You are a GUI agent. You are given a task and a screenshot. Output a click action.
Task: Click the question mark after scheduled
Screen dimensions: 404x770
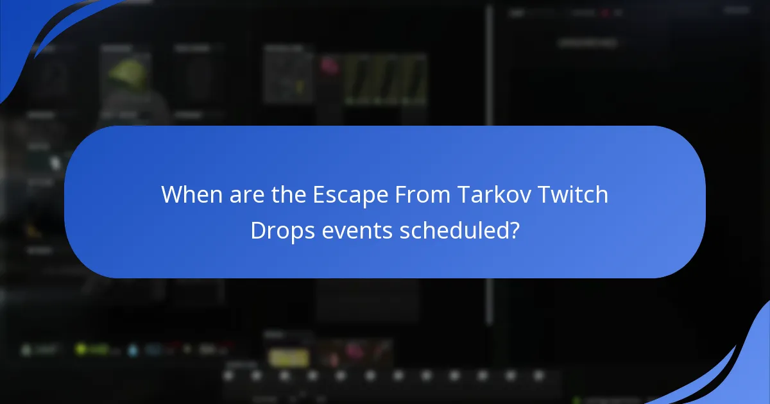tap(513, 230)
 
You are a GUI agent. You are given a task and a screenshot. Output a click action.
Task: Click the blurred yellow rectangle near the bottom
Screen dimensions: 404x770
tap(289, 358)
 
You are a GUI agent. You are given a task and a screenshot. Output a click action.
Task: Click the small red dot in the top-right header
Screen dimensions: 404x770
tap(604, 12)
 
